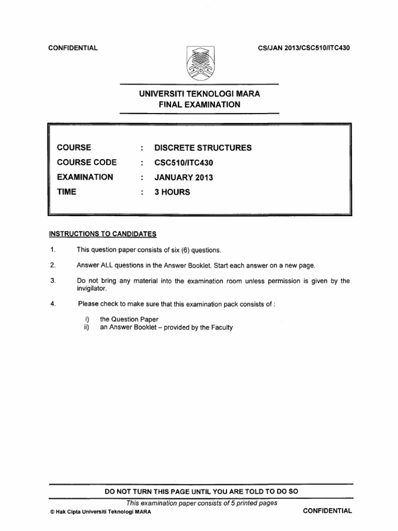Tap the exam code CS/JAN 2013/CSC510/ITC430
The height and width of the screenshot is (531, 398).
[x=304, y=48]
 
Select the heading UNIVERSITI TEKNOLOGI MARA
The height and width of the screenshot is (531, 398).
[x=200, y=94]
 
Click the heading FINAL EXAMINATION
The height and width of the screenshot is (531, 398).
[x=200, y=104]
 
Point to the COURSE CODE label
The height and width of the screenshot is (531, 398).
[x=87, y=162]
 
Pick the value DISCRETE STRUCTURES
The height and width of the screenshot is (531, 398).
[x=203, y=148]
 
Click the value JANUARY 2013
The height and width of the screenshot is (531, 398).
[x=183, y=177]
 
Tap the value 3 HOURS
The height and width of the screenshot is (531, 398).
[x=172, y=192]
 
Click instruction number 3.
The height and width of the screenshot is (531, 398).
[x=53, y=281]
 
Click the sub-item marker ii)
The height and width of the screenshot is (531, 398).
[x=87, y=327]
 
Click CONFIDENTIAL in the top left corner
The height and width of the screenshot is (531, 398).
[x=73, y=48]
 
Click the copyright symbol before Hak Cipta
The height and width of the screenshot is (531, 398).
[x=50, y=511]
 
